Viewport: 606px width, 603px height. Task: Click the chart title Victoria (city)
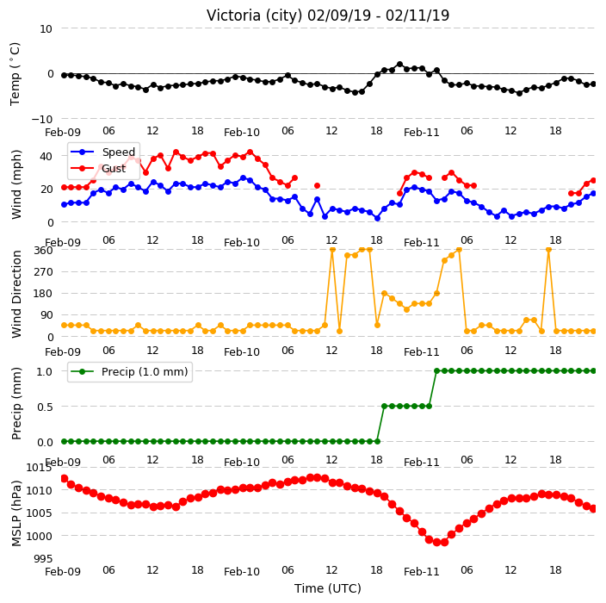point(255,16)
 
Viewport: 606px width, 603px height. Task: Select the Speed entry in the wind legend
point(118,152)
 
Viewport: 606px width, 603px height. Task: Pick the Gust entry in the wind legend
point(114,168)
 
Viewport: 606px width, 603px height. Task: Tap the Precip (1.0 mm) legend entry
point(145,371)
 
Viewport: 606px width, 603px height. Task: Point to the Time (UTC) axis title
point(328,588)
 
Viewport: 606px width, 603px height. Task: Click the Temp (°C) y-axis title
point(15,73)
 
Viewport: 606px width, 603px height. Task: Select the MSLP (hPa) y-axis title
point(15,513)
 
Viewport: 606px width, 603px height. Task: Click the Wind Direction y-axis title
point(16,295)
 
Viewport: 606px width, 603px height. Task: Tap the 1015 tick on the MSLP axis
point(39,468)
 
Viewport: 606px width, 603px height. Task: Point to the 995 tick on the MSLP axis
point(43,558)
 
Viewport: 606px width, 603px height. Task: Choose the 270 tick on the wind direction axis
point(43,272)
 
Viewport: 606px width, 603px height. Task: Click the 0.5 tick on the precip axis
point(45,407)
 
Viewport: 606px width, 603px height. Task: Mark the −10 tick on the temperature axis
point(41,119)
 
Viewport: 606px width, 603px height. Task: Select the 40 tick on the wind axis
point(46,156)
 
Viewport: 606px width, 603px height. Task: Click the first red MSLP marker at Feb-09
point(65,478)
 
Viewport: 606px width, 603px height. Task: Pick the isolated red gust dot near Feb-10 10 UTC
point(318,186)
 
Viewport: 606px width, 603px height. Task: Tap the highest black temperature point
point(399,65)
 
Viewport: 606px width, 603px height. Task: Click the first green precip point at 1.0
point(436,371)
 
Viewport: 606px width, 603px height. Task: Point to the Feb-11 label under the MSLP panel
point(422,572)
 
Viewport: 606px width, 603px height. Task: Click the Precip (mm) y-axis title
point(15,403)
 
